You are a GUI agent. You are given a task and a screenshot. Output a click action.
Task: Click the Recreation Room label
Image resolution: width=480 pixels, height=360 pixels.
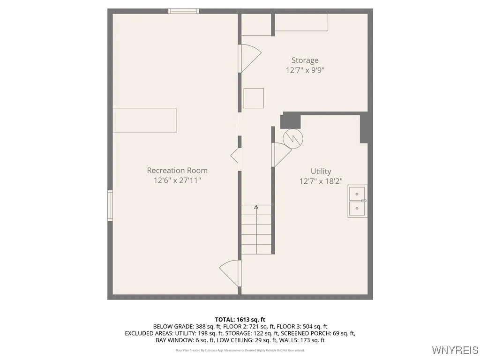point(177,171)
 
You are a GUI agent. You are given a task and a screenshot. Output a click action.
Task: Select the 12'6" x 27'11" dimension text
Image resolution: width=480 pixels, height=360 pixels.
point(177,180)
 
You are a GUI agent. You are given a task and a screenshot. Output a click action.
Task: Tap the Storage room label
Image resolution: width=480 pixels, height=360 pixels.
point(305,60)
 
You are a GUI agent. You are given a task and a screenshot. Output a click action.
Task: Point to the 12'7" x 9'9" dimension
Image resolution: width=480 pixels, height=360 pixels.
point(305,70)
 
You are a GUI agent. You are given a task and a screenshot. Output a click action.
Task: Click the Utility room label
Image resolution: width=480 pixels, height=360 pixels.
point(321,172)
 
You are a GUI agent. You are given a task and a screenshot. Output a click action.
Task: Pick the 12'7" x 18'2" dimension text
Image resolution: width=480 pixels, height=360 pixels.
point(321,181)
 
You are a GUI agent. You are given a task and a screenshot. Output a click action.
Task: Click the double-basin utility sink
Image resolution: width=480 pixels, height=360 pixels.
point(357,201)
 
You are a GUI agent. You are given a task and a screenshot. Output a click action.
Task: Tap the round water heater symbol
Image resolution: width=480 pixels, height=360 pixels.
point(293,137)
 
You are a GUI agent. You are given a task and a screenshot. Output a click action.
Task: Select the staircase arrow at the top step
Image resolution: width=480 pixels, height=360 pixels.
point(256,207)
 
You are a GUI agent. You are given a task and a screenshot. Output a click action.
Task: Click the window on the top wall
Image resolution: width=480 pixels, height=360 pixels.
point(184,11)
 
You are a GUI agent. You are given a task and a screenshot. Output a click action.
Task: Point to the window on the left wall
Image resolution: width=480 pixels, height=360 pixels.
point(110,205)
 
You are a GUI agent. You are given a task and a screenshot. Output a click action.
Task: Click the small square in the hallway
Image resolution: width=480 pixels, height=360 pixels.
point(254,98)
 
